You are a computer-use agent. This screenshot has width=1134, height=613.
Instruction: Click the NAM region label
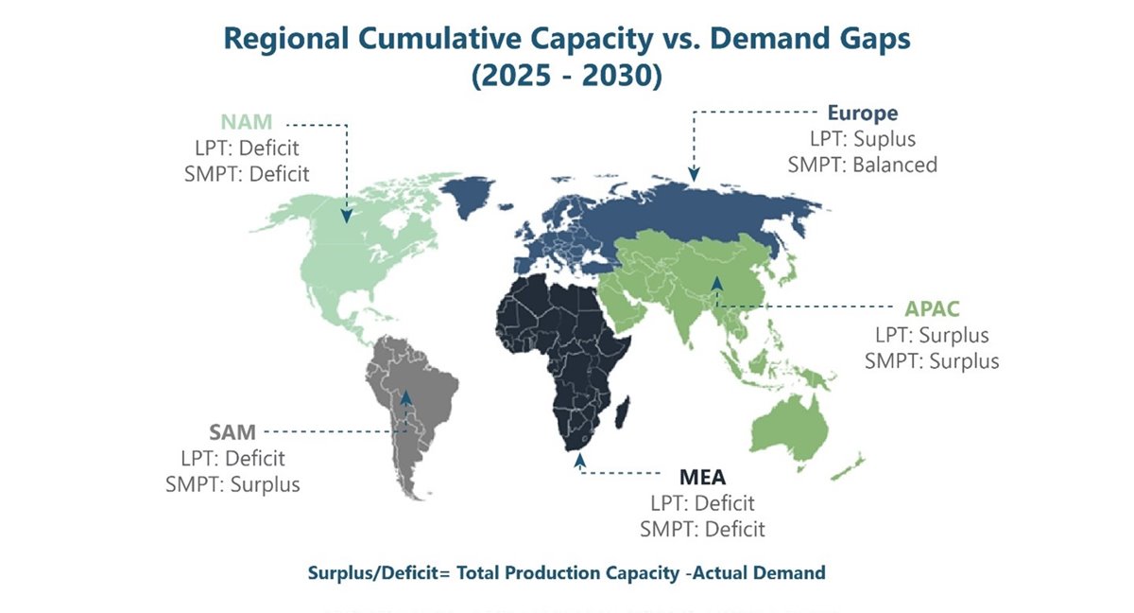[247, 123]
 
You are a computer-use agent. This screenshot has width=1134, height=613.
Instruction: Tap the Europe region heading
[863, 114]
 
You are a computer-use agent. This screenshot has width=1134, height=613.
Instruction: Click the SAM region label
[232, 433]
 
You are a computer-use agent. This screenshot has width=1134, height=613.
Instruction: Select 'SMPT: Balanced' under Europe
[863, 165]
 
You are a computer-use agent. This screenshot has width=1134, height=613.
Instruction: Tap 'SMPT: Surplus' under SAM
[232, 484]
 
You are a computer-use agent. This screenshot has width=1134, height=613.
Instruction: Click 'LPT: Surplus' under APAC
[932, 336]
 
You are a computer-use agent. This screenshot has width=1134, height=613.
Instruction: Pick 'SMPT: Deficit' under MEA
[702, 529]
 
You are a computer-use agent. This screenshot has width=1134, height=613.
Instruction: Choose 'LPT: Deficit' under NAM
[250, 148]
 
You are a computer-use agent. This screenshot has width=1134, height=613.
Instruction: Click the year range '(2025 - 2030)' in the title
[566, 76]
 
